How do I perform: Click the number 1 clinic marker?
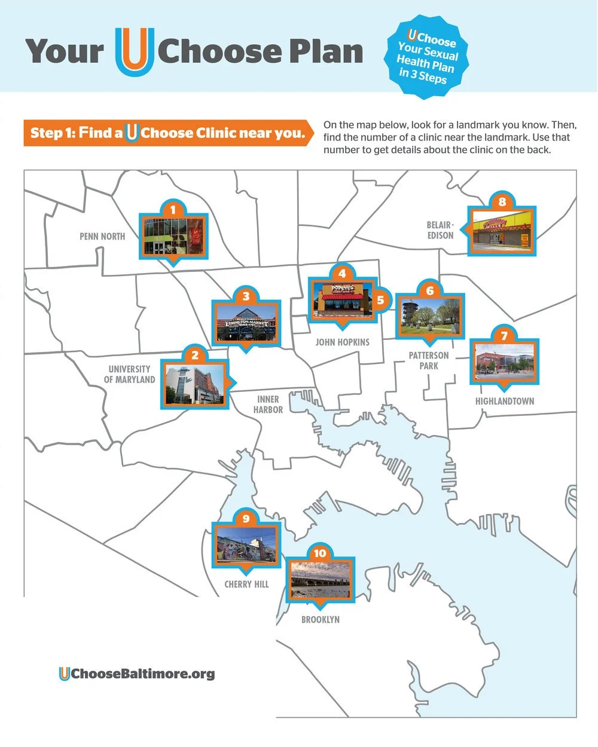[x=173, y=210]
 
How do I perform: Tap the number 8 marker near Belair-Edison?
[x=502, y=201]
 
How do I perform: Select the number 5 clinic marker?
[x=380, y=300]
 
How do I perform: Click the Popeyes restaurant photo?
[x=342, y=299]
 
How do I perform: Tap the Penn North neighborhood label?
[x=102, y=237]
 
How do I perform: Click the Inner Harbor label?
[x=268, y=405]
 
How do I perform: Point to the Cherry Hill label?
[x=246, y=584]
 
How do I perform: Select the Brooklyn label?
[x=321, y=620]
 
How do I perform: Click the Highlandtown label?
[x=505, y=401]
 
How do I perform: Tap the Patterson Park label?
[x=429, y=360]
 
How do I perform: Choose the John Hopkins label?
[x=342, y=342]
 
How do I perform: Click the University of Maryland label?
[x=129, y=374]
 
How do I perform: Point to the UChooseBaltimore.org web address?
[x=137, y=674]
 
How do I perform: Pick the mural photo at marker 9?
[x=246, y=545]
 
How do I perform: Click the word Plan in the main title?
[x=326, y=51]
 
